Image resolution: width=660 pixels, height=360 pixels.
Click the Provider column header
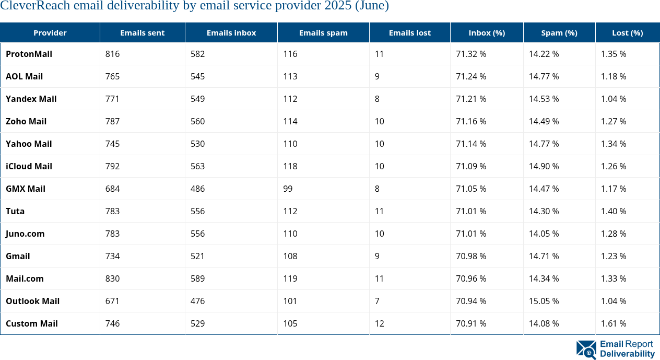(50, 33)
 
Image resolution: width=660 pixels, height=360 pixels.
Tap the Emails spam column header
(323, 33)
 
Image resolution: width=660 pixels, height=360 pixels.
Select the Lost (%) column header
(627, 33)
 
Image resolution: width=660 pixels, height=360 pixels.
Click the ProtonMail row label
(29, 54)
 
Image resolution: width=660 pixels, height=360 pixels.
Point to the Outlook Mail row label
(32, 301)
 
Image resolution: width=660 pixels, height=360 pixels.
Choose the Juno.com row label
(25, 234)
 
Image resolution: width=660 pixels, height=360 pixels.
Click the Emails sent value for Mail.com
(112, 278)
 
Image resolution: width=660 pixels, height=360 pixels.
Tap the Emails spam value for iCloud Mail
(290, 166)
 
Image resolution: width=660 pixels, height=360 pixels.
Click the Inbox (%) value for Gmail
(471, 256)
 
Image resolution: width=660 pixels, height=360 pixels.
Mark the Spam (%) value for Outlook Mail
(544, 301)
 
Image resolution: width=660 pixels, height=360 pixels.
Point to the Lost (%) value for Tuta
(614, 211)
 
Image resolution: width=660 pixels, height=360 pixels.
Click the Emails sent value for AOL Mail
(112, 76)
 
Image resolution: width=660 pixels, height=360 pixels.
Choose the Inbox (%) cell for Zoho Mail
(471, 121)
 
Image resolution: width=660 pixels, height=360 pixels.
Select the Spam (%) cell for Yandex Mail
(544, 99)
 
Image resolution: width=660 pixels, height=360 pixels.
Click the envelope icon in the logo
(586, 350)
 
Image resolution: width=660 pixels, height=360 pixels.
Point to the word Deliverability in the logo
(627, 354)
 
